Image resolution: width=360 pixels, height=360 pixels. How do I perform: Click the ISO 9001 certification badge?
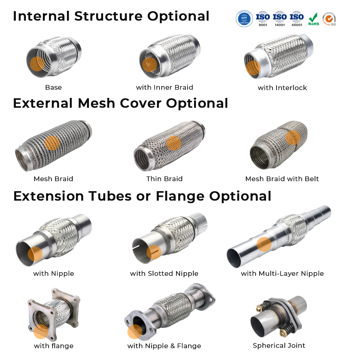pyautogui.click(x=263, y=19)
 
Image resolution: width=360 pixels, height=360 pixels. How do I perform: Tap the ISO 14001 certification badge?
pyautogui.click(x=280, y=19)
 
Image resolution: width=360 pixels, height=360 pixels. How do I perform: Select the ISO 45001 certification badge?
pyautogui.click(x=297, y=19)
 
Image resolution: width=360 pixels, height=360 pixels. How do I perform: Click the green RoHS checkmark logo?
pyautogui.click(x=313, y=19)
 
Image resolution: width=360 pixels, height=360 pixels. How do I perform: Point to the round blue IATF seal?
pyautogui.click(x=244, y=18)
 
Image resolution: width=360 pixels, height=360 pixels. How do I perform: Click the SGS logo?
pyautogui.click(x=329, y=19)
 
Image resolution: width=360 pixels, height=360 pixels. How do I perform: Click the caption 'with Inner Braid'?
pyautogui.click(x=165, y=87)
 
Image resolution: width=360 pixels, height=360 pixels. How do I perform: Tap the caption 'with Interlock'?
pyautogui.click(x=282, y=88)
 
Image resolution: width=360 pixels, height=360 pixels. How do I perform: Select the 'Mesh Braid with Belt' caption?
pyautogui.click(x=282, y=179)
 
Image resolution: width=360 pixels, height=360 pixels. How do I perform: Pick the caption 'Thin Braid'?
pyautogui.click(x=165, y=179)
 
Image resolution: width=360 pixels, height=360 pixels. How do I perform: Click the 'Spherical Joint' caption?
pyautogui.click(x=279, y=346)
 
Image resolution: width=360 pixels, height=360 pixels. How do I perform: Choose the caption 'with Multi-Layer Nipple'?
pyautogui.click(x=282, y=274)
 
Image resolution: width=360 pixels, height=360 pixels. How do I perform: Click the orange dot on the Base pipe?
pyautogui.click(x=37, y=64)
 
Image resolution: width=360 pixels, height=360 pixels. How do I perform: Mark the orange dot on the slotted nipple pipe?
pyautogui.click(x=154, y=252)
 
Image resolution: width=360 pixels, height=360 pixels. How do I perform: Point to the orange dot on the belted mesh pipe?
pyautogui.click(x=293, y=138)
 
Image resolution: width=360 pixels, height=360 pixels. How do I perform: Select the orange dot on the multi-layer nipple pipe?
pyautogui.click(x=264, y=244)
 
